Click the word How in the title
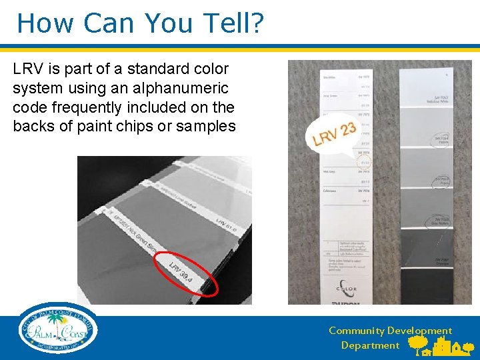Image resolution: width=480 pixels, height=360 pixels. [x=41, y=23]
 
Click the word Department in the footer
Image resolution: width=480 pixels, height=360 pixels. [x=370, y=345]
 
